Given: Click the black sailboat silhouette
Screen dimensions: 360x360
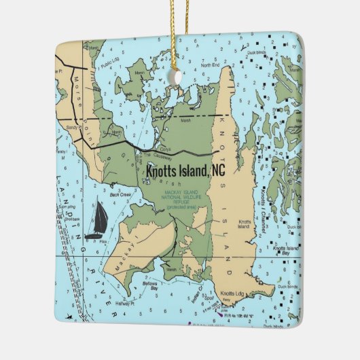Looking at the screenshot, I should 97,219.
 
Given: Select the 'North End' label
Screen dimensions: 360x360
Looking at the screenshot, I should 210,65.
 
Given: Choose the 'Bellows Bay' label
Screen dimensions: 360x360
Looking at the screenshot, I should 150,285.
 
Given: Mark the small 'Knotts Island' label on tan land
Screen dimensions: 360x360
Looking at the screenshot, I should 245,224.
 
